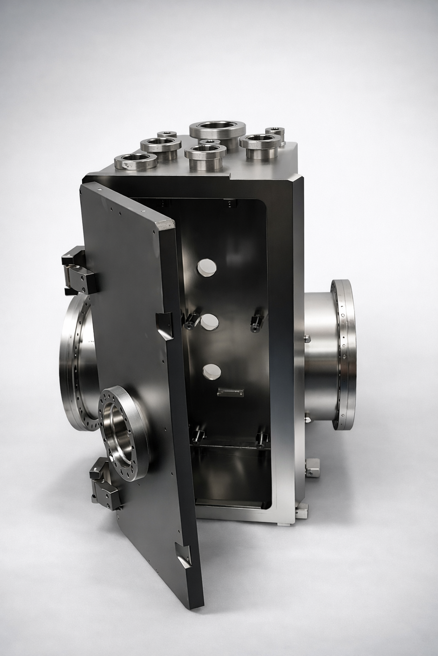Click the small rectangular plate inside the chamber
point(230,392)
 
